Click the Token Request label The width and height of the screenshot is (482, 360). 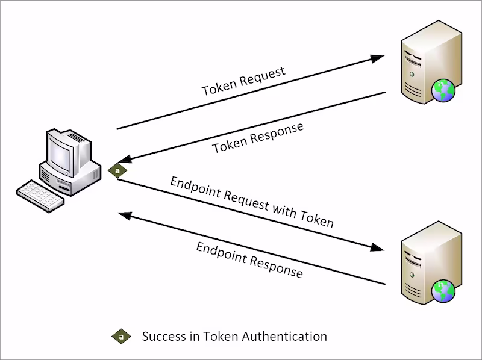pos(243,82)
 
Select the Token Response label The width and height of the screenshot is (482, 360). pos(257,138)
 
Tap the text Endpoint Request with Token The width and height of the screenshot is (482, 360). pos(251,202)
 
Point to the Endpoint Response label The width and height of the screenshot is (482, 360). pos(249,260)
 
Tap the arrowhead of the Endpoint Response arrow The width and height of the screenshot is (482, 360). pos(124,214)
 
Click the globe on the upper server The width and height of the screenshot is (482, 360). pos(445,92)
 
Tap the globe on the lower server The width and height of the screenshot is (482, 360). pos(445,291)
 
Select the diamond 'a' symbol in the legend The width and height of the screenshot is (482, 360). pos(121,337)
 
